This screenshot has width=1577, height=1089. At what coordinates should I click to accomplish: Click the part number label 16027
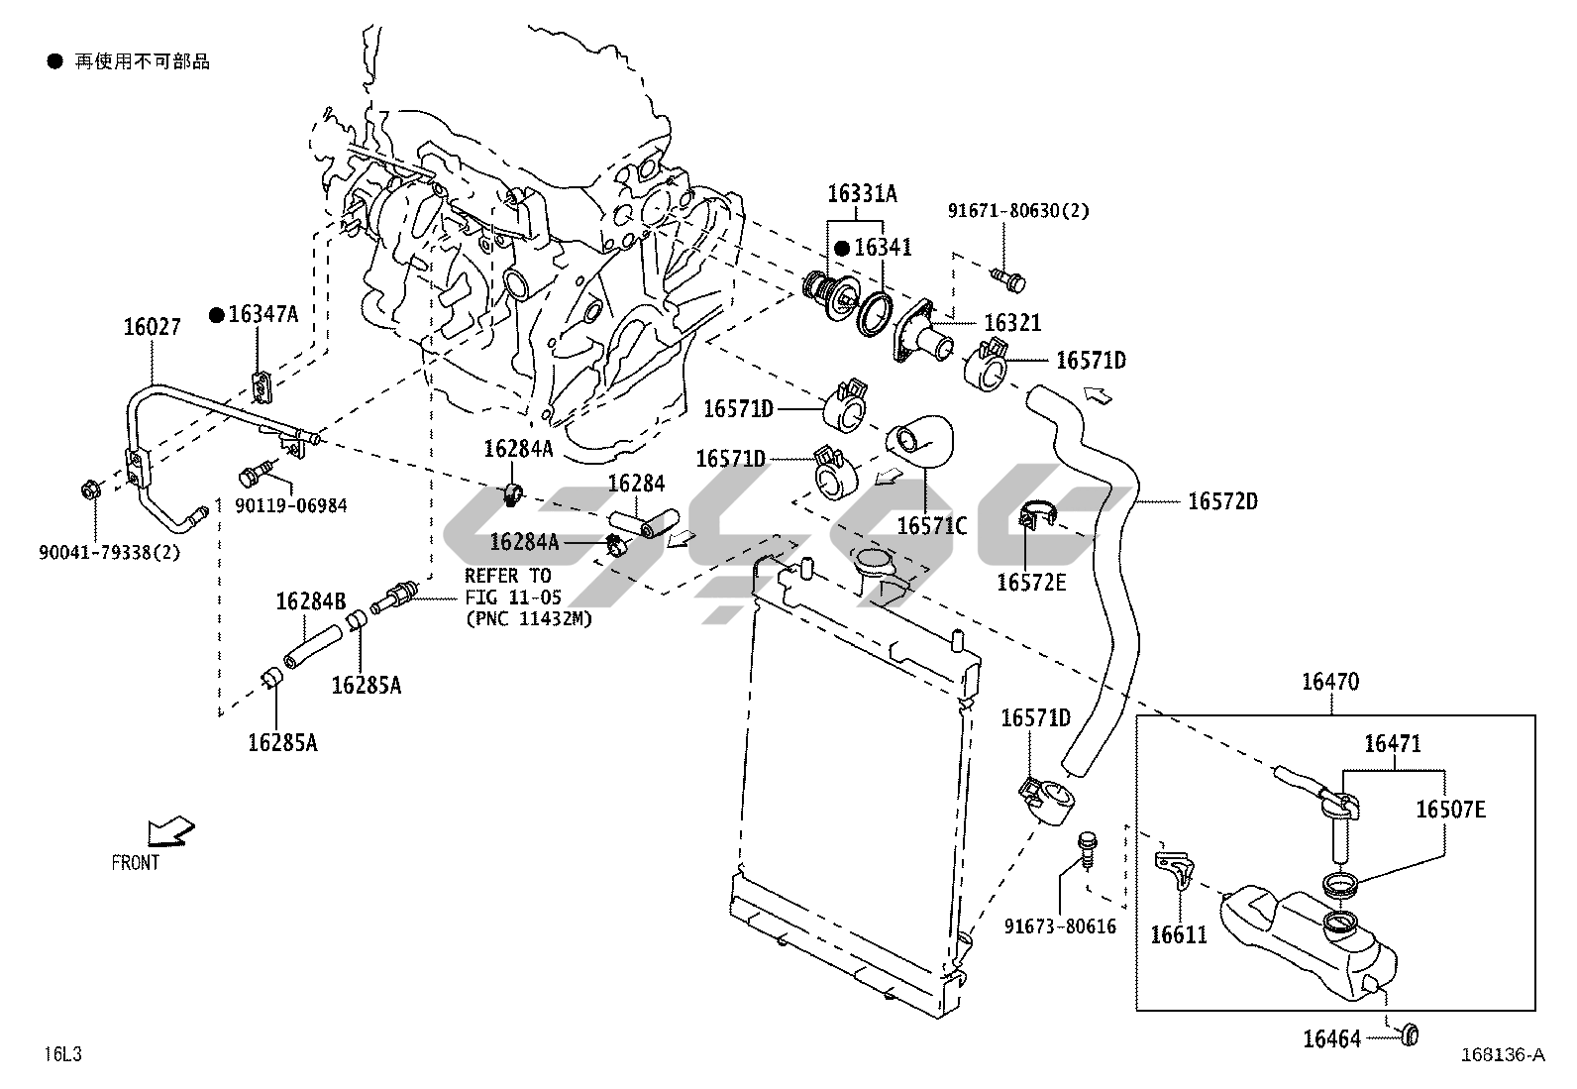(x=152, y=326)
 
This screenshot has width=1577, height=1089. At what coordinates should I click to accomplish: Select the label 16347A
(x=263, y=314)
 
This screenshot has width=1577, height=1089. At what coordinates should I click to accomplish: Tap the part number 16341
(x=883, y=248)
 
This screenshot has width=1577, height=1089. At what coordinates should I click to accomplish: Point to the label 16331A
(x=862, y=194)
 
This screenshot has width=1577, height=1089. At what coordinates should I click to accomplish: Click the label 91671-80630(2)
(x=1018, y=211)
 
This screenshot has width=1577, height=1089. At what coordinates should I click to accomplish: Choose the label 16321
(x=1011, y=323)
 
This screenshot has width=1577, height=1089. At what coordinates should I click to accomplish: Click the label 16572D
(x=1222, y=501)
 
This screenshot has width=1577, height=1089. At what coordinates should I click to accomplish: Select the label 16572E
(x=1031, y=583)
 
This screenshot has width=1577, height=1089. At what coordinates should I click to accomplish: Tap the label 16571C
(x=931, y=525)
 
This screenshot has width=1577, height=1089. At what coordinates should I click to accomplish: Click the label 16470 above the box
(x=1330, y=682)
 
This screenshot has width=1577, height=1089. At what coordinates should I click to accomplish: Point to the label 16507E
(x=1450, y=810)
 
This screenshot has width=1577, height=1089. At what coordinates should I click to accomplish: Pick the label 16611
(x=1179, y=933)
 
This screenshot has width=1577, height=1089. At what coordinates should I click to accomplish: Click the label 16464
(x=1331, y=1038)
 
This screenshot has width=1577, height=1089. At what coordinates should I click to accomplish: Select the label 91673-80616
(x=1060, y=926)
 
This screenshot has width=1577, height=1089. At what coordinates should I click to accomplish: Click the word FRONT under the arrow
(x=136, y=863)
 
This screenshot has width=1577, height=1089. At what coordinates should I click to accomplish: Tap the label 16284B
(x=310, y=601)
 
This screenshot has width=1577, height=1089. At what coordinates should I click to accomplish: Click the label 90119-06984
(x=291, y=505)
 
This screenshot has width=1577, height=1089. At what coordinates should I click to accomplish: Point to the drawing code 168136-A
(x=1502, y=1054)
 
